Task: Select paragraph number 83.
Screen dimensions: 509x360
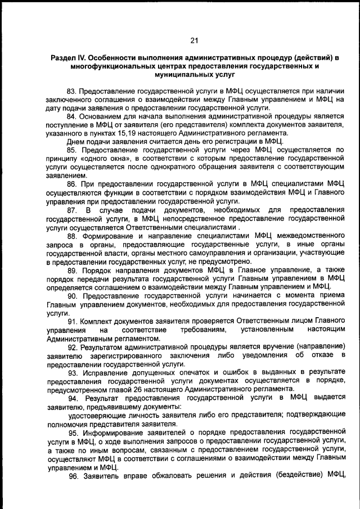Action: click(x=71, y=91)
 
